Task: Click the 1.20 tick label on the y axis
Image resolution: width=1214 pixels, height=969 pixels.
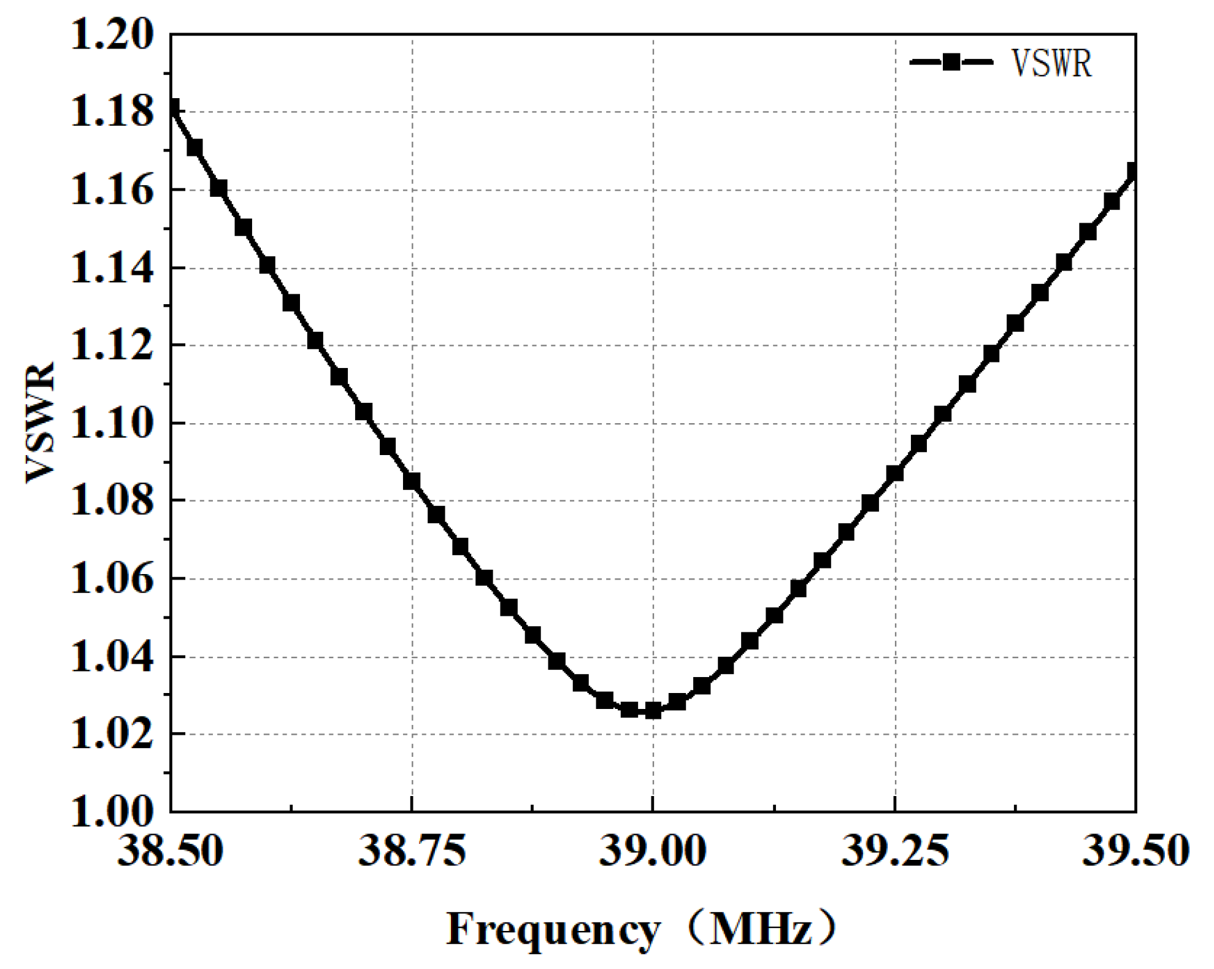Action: [112, 35]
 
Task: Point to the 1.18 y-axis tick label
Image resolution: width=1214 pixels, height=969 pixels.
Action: [112, 113]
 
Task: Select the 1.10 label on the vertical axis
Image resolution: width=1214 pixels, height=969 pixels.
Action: [112, 424]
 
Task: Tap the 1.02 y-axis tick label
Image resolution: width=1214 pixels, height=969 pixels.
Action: [112, 734]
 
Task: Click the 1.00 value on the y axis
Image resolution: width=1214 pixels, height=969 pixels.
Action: [112, 812]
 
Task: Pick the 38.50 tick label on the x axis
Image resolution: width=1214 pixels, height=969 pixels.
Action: [170, 851]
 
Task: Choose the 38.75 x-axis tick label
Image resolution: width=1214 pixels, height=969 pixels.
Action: [412, 851]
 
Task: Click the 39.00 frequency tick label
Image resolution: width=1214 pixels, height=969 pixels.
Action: [653, 851]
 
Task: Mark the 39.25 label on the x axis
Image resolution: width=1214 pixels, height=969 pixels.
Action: [894, 851]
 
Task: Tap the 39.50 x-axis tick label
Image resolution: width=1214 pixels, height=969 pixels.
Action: [1135, 851]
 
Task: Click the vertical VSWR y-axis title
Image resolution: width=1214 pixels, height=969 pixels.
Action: [40, 423]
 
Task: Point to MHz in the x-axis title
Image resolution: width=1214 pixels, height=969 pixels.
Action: [761, 929]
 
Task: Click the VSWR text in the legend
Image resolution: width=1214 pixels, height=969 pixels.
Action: [1051, 63]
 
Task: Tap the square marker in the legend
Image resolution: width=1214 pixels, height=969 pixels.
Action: [951, 63]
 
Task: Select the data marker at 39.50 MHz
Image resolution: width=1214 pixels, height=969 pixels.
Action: [1134, 172]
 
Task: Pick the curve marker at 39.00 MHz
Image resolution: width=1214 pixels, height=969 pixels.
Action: [653, 710]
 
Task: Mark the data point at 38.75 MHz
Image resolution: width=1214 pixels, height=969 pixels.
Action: [412, 481]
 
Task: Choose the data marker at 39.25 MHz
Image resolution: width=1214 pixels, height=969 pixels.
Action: [894, 473]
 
